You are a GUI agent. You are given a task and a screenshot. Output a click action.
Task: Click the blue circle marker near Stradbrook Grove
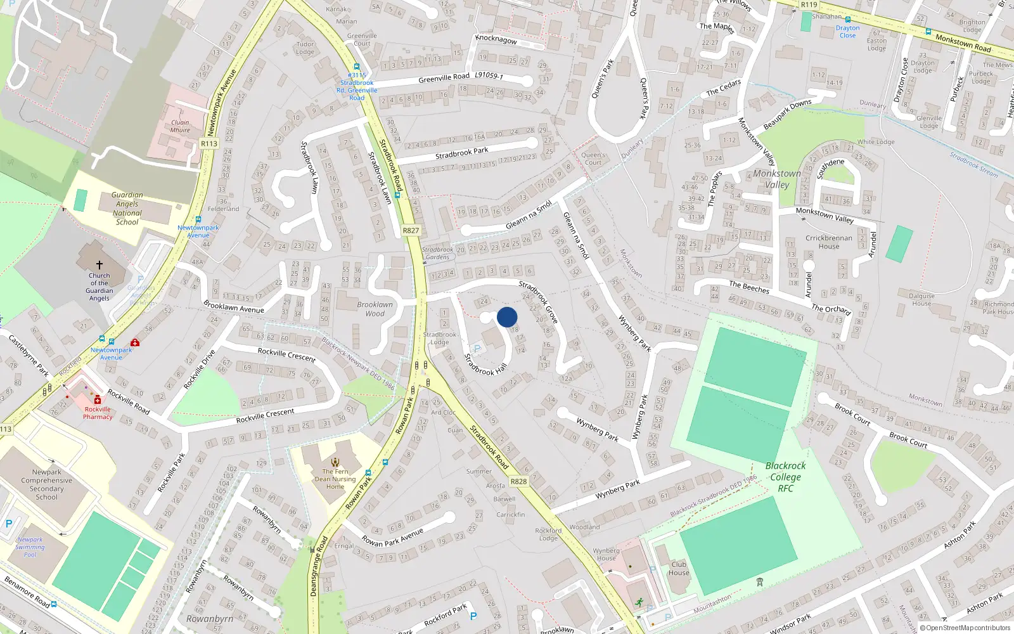click(507, 317)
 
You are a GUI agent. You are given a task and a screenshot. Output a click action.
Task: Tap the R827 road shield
click(411, 230)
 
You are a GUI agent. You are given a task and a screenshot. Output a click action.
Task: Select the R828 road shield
click(518, 481)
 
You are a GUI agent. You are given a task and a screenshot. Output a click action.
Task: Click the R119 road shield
click(809, 4)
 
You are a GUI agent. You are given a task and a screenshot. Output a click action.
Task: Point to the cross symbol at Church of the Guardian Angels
click(99, 265)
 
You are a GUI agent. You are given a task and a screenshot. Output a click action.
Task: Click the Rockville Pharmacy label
click(98, 413)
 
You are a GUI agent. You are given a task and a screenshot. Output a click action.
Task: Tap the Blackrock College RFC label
click(785, 477)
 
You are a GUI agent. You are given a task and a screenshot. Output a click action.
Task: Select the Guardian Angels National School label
click(127, 209)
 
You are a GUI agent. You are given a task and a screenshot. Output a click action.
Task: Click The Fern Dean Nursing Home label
click(335, 479)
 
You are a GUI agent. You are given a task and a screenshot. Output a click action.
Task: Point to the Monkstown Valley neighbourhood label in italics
click(777, 179)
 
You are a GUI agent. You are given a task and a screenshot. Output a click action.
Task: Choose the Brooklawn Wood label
click(375, 309)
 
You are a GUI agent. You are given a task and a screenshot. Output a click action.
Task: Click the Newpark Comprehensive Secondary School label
click(46, 484)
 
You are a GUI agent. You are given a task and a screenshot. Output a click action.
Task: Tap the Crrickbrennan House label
click(828, 242)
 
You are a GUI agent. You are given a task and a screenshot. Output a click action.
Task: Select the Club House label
click(678, 568)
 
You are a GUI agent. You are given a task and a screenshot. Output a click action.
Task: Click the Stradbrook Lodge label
click(439, 338)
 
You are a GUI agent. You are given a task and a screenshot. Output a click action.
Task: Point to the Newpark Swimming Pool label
click(30, 547)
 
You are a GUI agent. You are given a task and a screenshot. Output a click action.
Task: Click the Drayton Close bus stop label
click(847, 32)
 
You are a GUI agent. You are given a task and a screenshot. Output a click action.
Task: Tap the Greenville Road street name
click(444, 78)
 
